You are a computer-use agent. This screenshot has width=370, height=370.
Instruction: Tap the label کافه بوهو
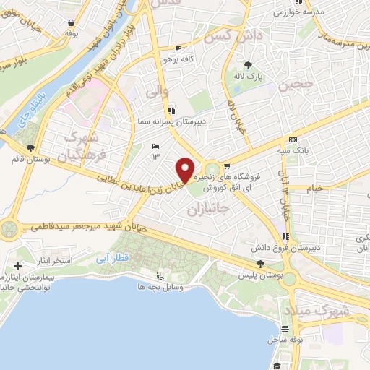click(x=176, y=59)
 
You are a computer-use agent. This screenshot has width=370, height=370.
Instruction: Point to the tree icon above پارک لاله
click(x=250, y=64)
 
